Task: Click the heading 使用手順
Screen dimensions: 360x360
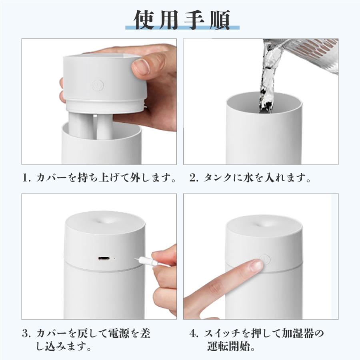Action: (182, 19)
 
